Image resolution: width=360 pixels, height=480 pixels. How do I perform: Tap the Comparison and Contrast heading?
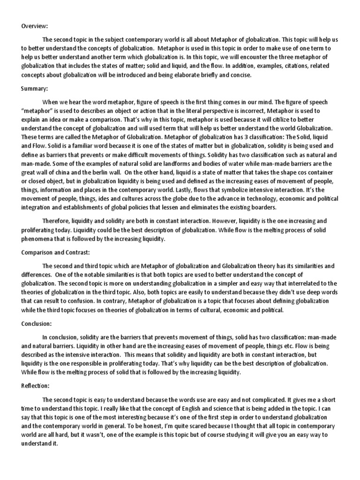55,252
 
